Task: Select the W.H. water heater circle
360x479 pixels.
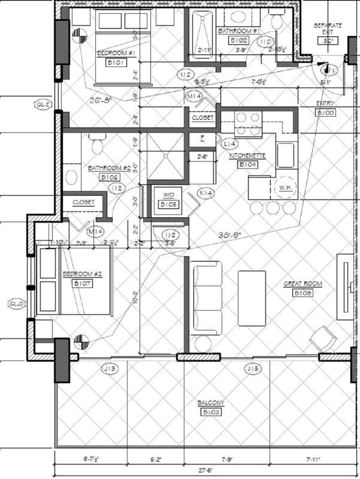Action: pyautogui.click(x=285, y=187)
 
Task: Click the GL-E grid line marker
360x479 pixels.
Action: pyautogui.click(x=43, y=104)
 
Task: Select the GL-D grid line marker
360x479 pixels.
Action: pyautogui.click(x=16, y=304)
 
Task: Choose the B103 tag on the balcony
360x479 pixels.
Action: pyautogui.click(x=211, y=412)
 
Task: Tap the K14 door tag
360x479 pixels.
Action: pyautogui.click(x=206, y=193)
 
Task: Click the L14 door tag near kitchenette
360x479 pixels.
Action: pyautogui.click(x=229, y=144)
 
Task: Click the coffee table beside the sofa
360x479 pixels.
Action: pyautogui.click(x=252, y=298)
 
